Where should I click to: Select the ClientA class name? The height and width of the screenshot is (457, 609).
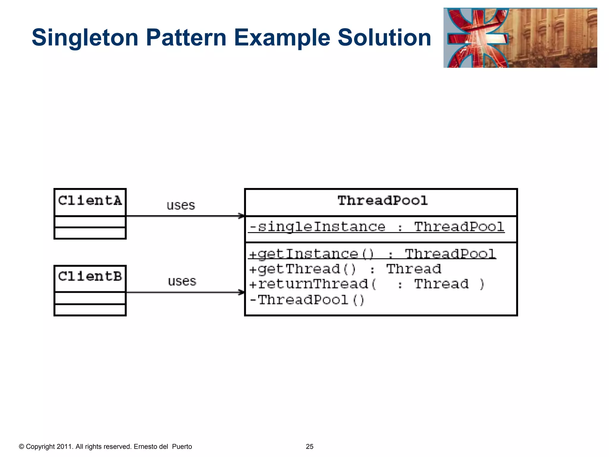90,201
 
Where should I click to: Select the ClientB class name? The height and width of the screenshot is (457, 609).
90,277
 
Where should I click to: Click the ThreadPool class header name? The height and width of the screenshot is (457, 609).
382,201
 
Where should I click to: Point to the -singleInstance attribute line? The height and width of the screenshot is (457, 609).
376,227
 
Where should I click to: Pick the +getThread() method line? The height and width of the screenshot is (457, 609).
345,269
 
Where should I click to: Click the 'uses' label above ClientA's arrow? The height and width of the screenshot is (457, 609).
180,206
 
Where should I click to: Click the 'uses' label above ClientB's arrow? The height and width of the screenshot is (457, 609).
182,281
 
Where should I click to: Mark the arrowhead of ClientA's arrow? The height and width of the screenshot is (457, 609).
241,216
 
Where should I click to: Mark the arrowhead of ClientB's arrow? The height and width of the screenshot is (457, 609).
241,292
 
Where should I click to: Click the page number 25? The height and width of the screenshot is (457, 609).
310,447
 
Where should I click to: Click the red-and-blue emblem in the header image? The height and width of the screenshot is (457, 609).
477,38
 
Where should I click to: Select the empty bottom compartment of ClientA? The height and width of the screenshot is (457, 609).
90,233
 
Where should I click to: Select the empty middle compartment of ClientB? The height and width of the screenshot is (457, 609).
90,298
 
